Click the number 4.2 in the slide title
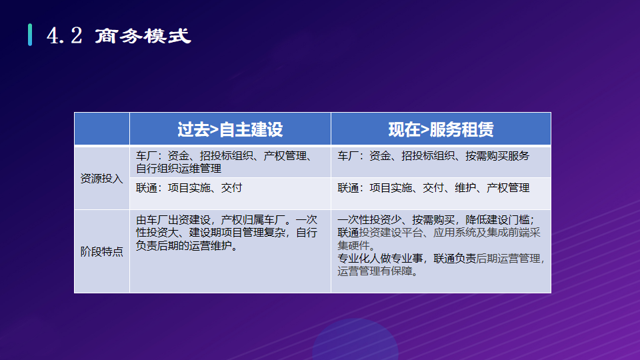tap(65, 35)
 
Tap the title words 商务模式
tap(143, 36)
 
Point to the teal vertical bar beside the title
tap(30, 35)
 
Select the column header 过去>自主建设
tap(230, 129)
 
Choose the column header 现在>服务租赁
tap(441, 129)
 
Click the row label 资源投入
tap(101, 179)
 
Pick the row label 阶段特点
tap(101, 251)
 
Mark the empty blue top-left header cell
tap(102, 129)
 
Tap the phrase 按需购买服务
tap(497, 155)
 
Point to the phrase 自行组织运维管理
tap(179, 168)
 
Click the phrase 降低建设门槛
tap(497, 219)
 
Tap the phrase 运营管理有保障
tap(375, 271)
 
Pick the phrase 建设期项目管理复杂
tap(237, 233)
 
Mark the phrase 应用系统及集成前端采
tap(487, 233)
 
